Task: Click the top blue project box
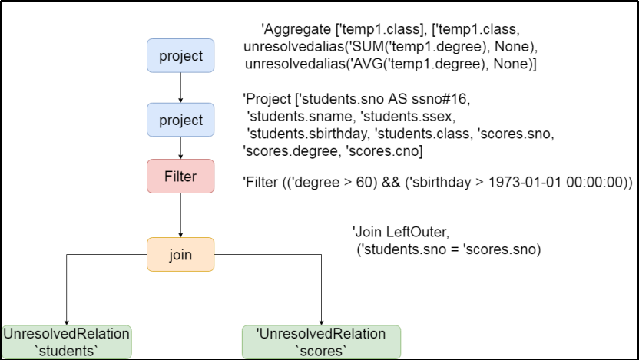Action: point(180,56)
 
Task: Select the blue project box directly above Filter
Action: point(180,120)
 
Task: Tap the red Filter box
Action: point(180,176)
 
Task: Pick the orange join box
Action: point(180,254)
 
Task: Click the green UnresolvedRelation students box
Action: point(66,342)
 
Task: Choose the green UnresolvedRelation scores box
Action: point(322,342)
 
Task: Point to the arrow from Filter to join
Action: point(180,215)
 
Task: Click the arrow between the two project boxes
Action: point(180,88)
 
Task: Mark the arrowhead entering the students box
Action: point(66,322)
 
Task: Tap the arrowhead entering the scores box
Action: point(322,322)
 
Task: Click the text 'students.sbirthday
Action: point(308,134)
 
